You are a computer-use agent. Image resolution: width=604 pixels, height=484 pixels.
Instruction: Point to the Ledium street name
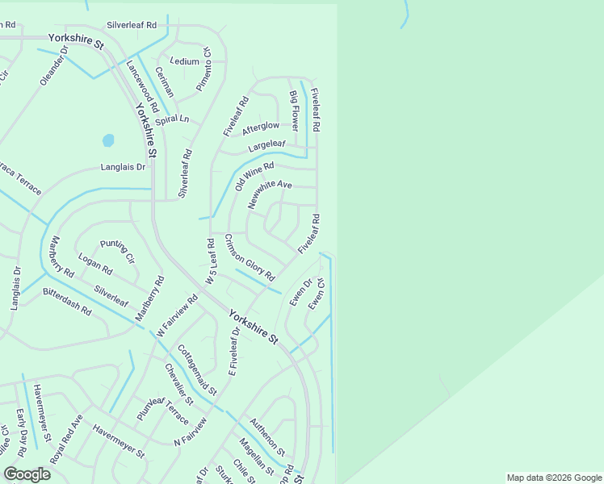[184, 61]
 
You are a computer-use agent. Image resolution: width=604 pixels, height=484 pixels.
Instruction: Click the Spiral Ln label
[172, 119]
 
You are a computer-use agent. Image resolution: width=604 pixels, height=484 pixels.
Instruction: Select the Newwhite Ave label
[270, 194]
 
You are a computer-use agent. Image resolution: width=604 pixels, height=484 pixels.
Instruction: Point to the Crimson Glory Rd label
[249, 257]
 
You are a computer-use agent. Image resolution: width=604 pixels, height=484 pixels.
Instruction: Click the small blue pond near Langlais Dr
[108, 141]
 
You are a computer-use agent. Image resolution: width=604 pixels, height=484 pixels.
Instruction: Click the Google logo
[27, 474]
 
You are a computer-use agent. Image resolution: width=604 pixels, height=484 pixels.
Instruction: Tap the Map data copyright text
[552, 478]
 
